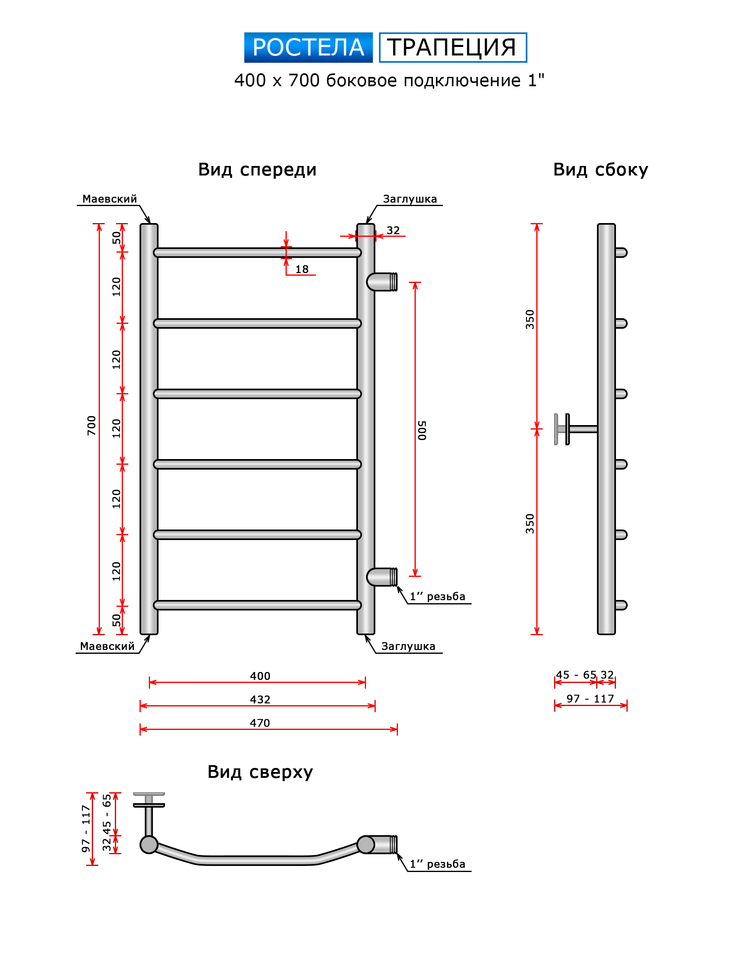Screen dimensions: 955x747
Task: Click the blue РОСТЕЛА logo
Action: pyautogui.click(x=308, y=47)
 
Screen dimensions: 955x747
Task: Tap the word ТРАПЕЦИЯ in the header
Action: pyautogui.click(x=452, y=47)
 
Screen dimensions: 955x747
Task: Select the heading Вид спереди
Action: pyautogui.click(x=257, y=169)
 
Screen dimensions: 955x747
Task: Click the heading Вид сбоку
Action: pyautogui.click(x=600, y=169)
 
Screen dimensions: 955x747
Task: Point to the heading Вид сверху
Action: pyautogui.click(x=260, y=772)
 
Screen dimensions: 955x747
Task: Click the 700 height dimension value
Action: pyautogui.click(x=91, y=425)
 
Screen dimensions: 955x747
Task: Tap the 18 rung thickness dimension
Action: pyautogui.click(x=302, y=269)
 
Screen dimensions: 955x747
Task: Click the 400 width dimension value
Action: pyautogui.click(x=260, y=676)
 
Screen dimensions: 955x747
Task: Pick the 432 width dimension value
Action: pyautogui.click(x=260, y=700)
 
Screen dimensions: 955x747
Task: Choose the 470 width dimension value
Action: pyautogui.click(x=260, y=723)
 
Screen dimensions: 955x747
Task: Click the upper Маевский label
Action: pyautogui.click(x=109, y=199)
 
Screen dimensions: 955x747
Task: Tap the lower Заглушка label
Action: pyautogui.click(x=408, y=647)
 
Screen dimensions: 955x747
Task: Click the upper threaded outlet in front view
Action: pyautogui.click(x=383, y=282)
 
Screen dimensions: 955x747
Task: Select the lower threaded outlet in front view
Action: pyautogui.click(x=383, y=577)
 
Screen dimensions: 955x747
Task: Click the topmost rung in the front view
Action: pyautogui.click(x=257, y=253)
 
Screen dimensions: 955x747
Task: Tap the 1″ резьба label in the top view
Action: pyautogui.click(x=437, y=864)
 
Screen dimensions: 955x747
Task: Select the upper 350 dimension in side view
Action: pyautogui.click(x=530, y=319)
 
